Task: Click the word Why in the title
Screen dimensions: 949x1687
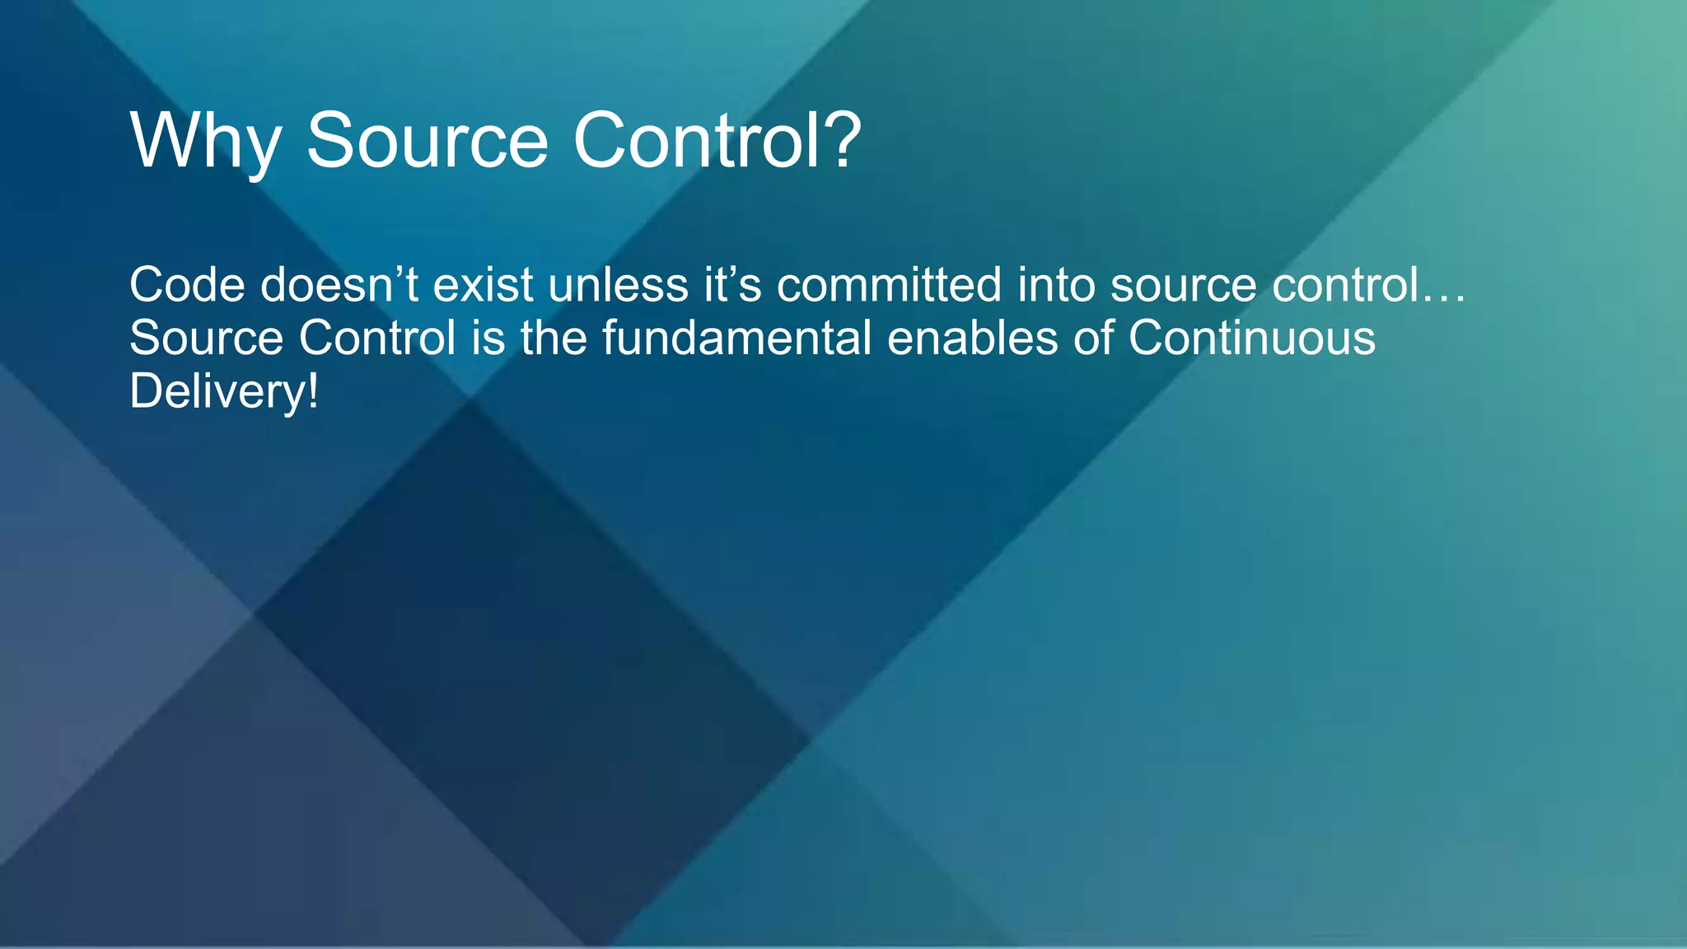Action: tap(205, 142)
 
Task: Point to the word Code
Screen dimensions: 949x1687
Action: tap(187, 285)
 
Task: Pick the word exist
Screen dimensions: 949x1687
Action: tap(483, 285)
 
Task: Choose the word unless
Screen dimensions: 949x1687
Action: tap(618, 285)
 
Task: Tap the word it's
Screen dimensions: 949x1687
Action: tap(732, 285)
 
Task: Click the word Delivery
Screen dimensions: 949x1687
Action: tap(217, 392)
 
